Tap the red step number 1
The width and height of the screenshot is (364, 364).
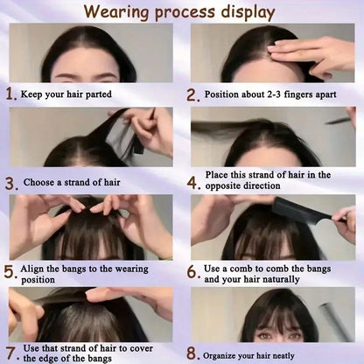[x=10, y=94]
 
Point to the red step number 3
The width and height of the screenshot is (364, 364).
[x=10, y=184]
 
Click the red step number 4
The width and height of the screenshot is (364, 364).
[x=192, y=184]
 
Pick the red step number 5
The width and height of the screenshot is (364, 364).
[x=10, y=272]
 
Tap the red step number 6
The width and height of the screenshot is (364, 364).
[x=192, y=272]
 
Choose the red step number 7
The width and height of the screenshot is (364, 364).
[x=10, y=353]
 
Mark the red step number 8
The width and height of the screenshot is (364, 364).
[x=192, y=354]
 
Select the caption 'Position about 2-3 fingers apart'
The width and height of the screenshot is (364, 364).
[x=271, y=94]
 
